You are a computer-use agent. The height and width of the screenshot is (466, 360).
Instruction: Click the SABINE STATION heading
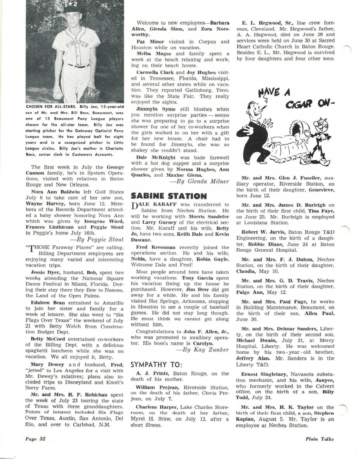point(169,196)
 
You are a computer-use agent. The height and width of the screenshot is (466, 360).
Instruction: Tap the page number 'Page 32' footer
point(35,439)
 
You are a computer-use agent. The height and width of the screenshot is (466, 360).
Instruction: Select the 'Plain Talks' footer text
point(319,439)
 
